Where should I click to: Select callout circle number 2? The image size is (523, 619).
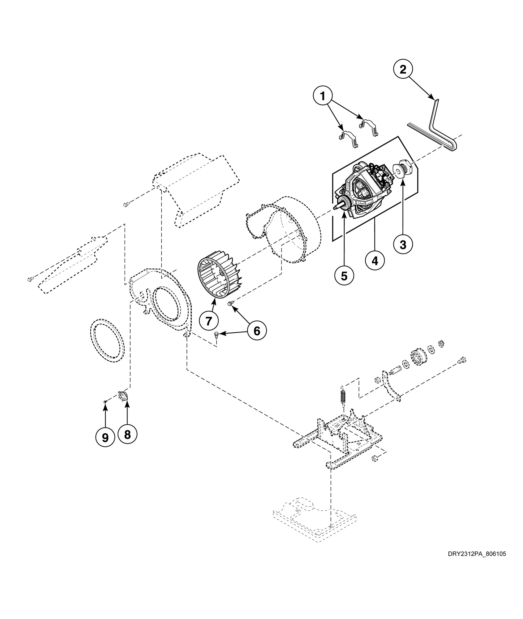click(403, 70)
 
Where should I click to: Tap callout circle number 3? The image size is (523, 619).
click(403, 245)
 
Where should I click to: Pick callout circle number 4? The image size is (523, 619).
click(375, 261)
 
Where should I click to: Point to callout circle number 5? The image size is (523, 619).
click(344, 275)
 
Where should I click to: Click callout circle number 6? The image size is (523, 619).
click(257, 331)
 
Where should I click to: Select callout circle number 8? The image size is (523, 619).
click(127, 435)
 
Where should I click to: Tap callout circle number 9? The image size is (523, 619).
click(105, 437)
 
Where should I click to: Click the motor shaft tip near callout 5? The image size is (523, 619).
click(336, 209)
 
